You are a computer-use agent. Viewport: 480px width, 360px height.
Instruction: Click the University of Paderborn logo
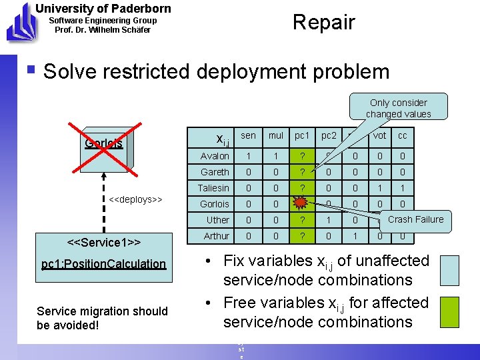point(18,21)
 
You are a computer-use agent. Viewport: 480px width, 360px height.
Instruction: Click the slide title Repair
point(324,22)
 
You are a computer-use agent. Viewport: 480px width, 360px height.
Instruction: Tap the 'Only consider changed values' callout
point(399,108)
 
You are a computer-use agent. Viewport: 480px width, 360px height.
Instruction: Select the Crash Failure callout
point(415,219)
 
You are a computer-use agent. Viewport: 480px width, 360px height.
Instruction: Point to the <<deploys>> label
point(136,199)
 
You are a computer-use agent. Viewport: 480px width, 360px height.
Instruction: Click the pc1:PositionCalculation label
point(103,264)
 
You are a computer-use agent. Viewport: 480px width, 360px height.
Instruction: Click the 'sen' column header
point(248,136)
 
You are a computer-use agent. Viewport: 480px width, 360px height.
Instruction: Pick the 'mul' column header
point(275,136)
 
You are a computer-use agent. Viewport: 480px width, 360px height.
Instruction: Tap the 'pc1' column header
point(302,136)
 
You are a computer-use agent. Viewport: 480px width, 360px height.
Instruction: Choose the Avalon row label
point(215,156)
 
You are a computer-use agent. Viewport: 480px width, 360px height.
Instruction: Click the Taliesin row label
point(214,188)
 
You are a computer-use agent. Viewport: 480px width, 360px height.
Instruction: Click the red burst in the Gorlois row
point(302,203)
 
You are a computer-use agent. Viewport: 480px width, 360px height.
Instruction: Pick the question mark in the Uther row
point(302,220)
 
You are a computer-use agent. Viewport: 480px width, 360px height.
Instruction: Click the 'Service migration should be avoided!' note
point(102,317)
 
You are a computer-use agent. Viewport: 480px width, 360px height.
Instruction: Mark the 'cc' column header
point(402,136)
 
